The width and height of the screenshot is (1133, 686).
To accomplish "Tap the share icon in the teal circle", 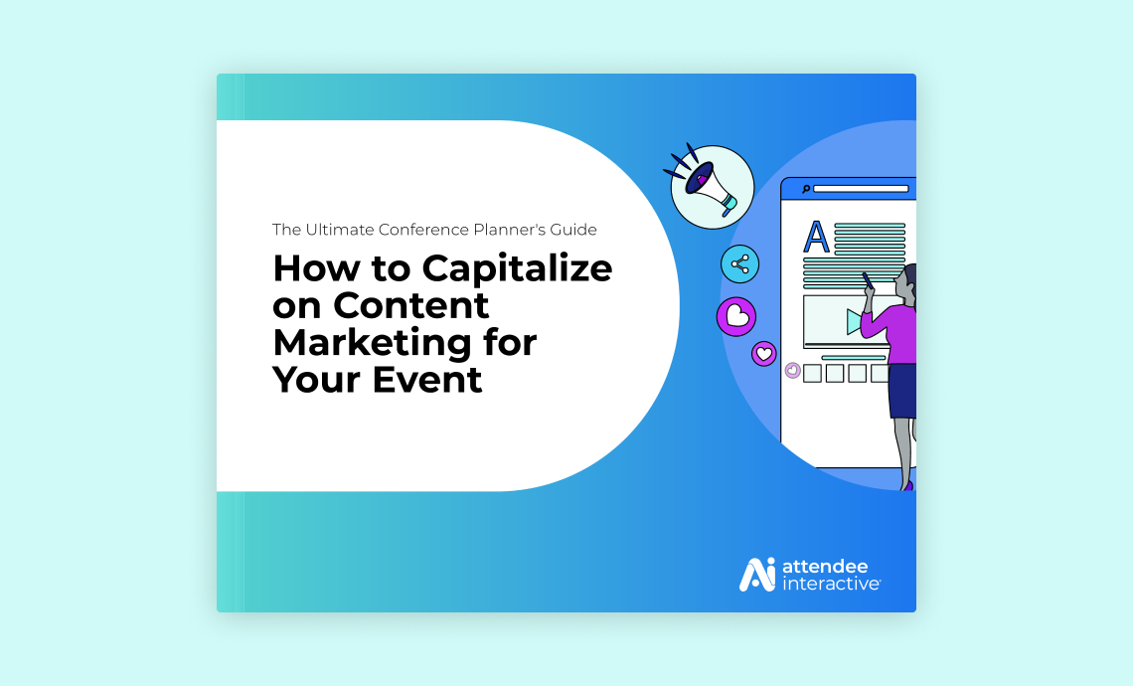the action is coord(739,264).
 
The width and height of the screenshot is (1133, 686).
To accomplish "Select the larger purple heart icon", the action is coord(736,316).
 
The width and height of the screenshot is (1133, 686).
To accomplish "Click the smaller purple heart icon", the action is coord(763,354).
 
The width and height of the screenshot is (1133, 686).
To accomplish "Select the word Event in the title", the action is coord(427,380).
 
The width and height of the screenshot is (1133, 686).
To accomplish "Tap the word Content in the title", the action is coord(410,305).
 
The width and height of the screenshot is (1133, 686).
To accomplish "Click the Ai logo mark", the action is coord(756,575).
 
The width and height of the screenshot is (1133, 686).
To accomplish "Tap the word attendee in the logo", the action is coord(825,566).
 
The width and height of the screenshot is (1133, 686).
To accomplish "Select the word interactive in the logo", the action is coord(830,584).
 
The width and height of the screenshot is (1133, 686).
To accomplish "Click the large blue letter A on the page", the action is coord(817,237).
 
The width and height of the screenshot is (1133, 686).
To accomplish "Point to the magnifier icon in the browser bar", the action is coord(806,189).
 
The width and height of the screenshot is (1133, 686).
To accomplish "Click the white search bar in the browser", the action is coord(861,189).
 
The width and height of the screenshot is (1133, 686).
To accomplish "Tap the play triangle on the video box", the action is coord(855,322).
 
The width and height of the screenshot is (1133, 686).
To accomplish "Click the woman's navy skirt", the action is coord(901,391).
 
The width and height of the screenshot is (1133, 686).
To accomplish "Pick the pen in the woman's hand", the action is coord(867,280).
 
